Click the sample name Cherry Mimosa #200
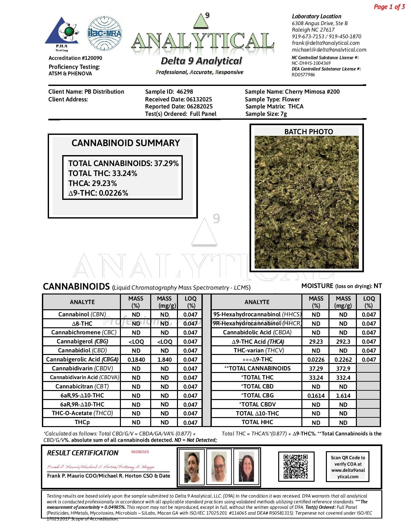point(312,92)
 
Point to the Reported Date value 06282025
point(199,107)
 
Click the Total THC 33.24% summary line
point(103,173)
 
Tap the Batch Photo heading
point(308,132)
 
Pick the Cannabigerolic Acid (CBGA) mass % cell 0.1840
point(136,359)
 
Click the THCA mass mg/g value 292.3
point(343,341)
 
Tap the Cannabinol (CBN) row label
point(82,314)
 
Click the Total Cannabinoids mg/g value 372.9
point(343,368)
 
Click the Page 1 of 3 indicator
point(389,7)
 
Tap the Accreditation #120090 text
point(75,58)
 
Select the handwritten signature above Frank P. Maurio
point(101,467)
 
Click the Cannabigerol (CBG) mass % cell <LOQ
point(136,341)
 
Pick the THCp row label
point(82,422)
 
